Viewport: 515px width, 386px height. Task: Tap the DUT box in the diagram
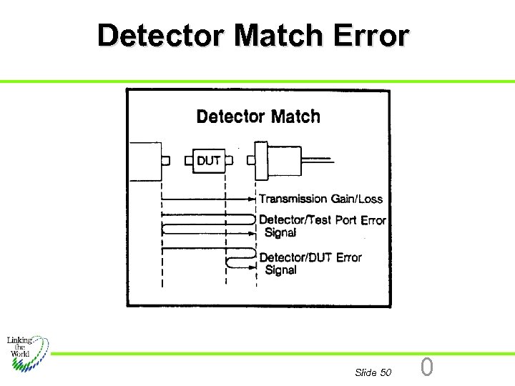click(x=208, y=161)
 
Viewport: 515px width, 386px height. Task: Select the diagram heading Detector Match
click(x=257, y=117)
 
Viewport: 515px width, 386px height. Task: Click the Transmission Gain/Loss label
click(x=320, y=199)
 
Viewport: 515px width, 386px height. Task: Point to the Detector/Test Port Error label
click(x=322, y=220)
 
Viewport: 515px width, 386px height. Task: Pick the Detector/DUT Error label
click(x=310, y=257)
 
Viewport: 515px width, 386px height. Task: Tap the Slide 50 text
click(x=373, y=372)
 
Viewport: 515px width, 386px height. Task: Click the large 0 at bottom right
click(x=427, y=367)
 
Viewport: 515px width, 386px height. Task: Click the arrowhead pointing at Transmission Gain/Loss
click(x=252, y=199)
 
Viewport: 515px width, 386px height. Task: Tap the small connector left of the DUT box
click(x=187, y=161)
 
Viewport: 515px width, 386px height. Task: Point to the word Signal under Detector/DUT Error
click(x=280, y=270)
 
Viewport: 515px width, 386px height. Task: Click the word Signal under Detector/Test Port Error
click(x=280, y=232)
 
